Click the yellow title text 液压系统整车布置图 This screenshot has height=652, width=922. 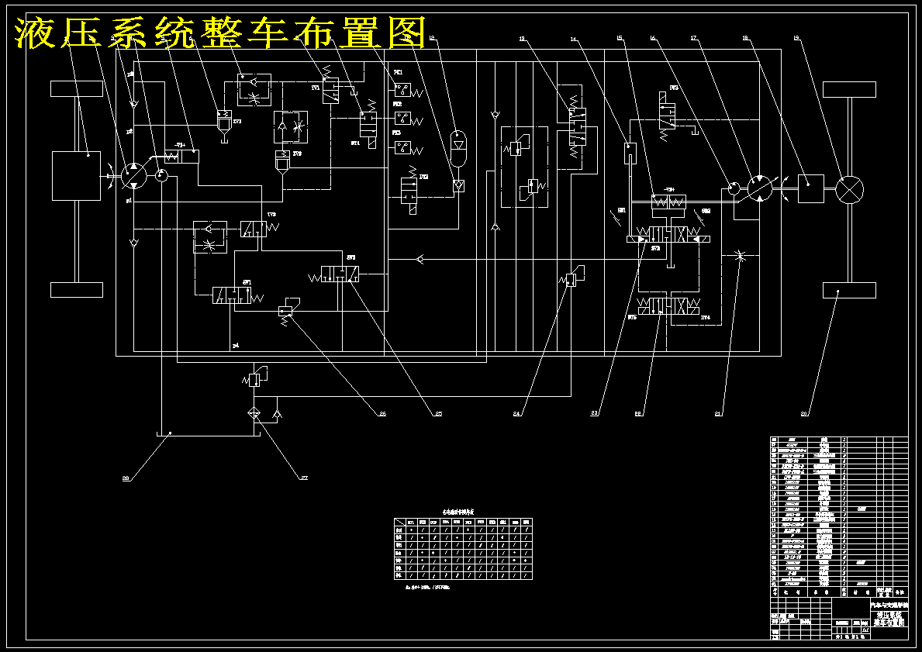[221, 33]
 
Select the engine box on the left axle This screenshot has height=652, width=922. [76, 176]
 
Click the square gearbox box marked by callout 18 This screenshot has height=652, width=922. [810, 188]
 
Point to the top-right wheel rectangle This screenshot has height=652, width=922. [849, 88]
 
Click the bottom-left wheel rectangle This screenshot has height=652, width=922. [77, 289]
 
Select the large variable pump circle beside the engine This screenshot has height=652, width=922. [134, 175]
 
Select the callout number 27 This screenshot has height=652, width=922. [304, 478]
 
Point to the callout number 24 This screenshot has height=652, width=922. [516, 414]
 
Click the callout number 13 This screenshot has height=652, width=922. [522, 38]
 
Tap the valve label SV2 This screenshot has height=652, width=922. [351, 257]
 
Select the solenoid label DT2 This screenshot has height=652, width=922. [423, 177]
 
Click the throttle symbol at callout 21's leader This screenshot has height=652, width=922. [737, 256]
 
